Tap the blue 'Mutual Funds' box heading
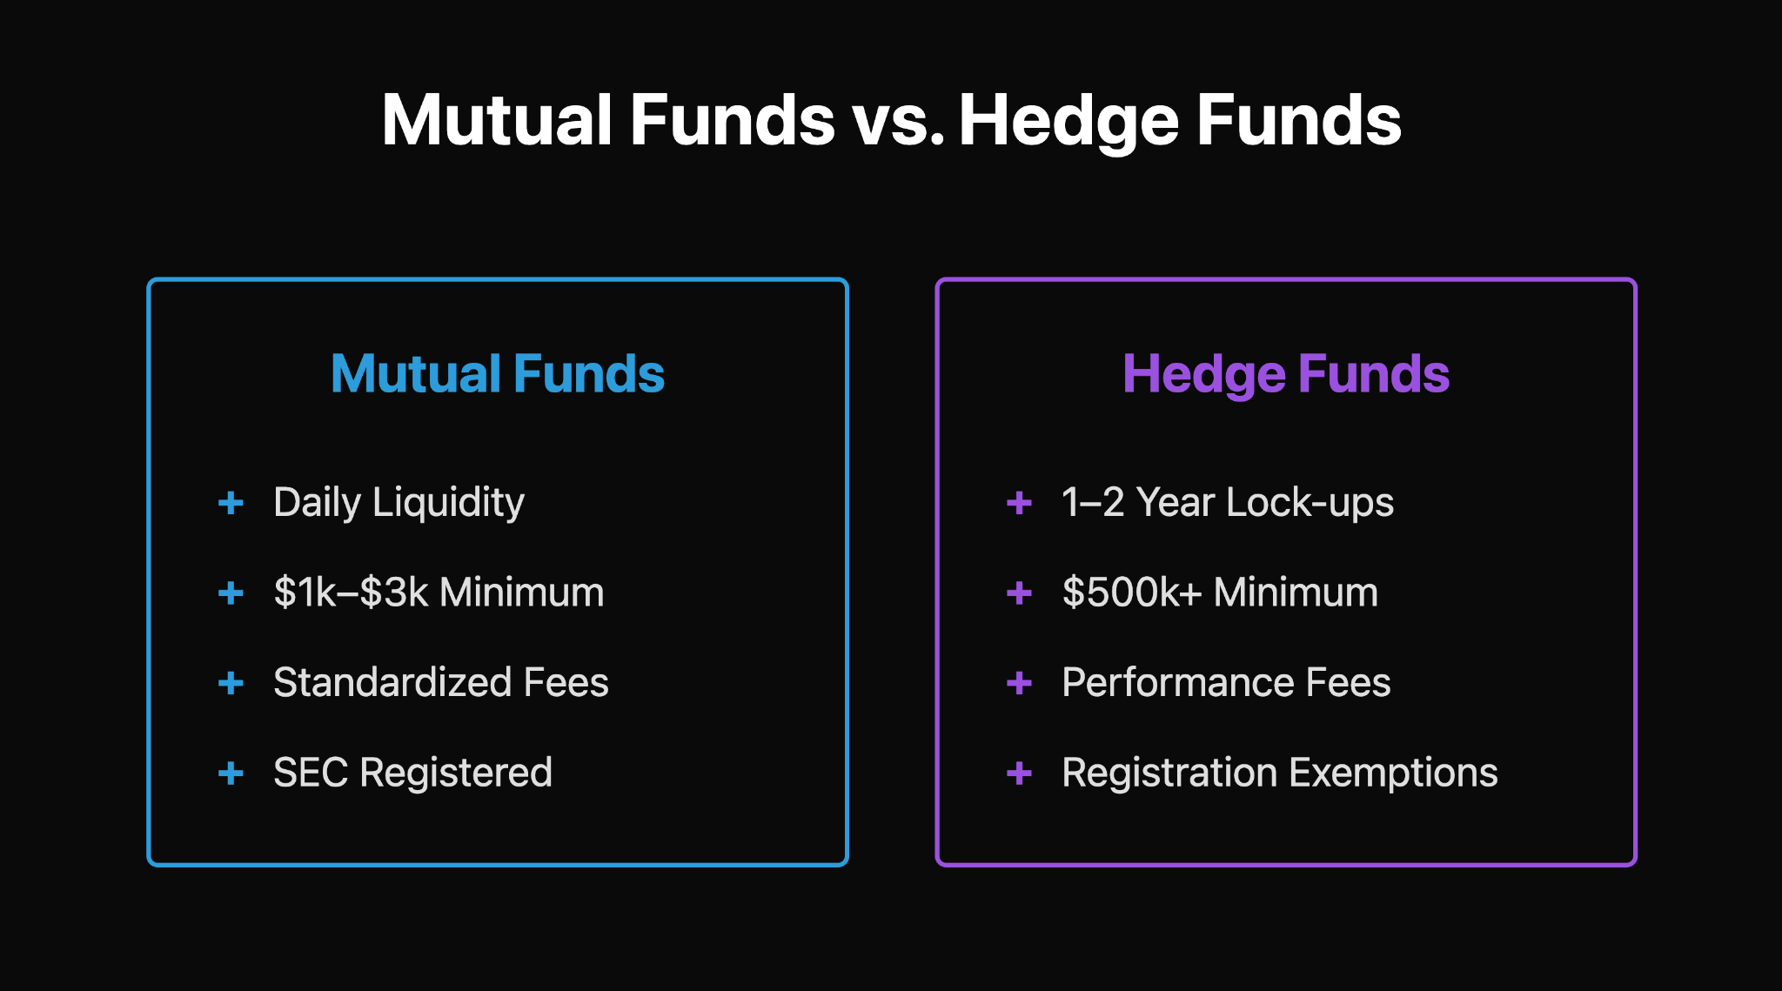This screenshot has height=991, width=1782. pos(497,374)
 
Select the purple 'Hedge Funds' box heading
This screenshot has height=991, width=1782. pos(1285,374)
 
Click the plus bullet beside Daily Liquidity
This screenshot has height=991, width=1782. pos(231,503)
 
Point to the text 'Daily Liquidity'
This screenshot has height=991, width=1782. pos(399,503)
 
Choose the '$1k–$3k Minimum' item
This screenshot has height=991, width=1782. pos(439,593)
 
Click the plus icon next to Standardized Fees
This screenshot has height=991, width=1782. pos(231,683)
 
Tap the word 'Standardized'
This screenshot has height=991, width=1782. pos(392,683)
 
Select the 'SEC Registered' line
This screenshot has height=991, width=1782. pos(412,773)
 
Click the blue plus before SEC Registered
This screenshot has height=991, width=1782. pos(231,773)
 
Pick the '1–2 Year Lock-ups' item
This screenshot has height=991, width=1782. pos(1227,503)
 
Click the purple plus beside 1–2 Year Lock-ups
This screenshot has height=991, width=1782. pos(1019,503)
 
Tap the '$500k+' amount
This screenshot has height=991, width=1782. pos(1131,593)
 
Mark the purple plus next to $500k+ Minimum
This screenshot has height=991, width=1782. pos(1019,593)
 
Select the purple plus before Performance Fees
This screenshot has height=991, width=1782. pos(1019,683)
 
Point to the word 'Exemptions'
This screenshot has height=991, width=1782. pos(1393,773)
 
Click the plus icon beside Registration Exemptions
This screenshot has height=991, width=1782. pos(1019,773)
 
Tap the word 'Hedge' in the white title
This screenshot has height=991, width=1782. pos(1068,122)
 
